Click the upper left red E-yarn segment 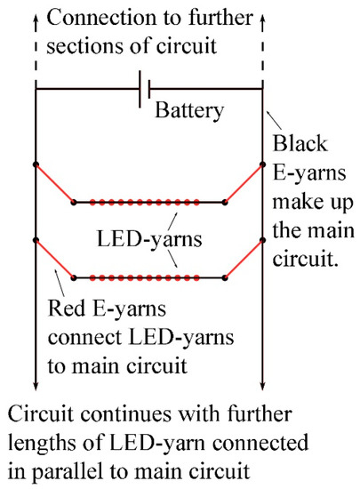pos(53,183)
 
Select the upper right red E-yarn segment pos(244,183)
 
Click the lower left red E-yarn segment pos(53,259)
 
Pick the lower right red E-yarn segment pos(244,259)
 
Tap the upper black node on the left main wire pos(35,164)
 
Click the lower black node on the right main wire pos(262,240)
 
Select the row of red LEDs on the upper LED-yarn pos(148,203)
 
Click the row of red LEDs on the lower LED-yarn pos(148,278)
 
